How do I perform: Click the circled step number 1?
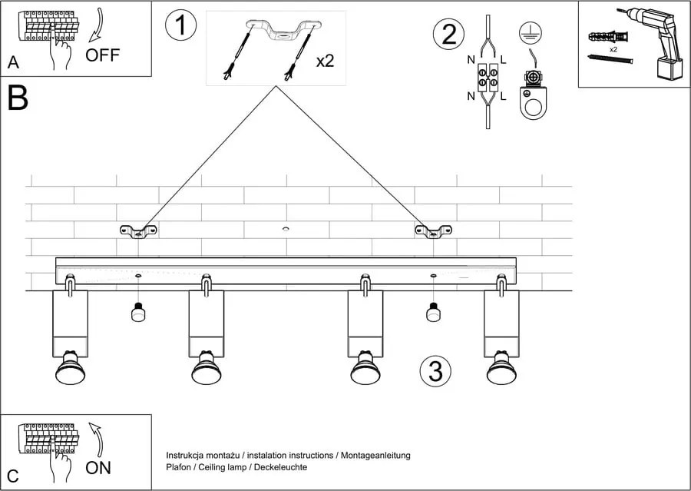pyautogui.click(x=181, y=25)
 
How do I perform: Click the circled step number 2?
pyautogui.click(x=449, y=35)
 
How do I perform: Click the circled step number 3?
pyautogui.click(x=435, y=371)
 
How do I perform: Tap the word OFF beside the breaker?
pyautogui.click(x=103, y=55)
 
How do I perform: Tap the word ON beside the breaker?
pyautogui.click(x=98, y=467)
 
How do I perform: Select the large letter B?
pyautogui.click(x=18, y=99)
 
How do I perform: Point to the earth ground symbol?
pyautogui.click(x=527, y=32)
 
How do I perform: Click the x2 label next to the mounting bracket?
pyautogui.click(x=325, y=61)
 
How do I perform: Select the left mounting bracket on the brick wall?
pyautogui.click(x=138, y=230)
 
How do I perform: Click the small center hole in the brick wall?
pyautogui.click(x=286, y=229)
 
